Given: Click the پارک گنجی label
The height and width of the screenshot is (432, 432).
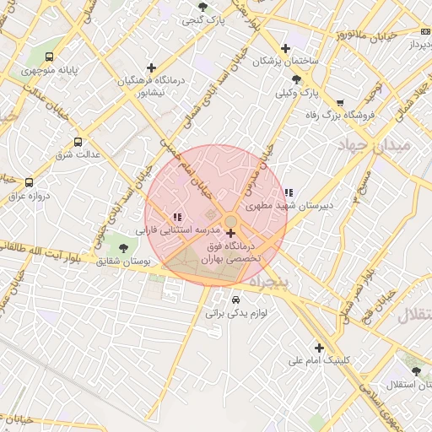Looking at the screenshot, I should pyautogui.click(x=207, y=21).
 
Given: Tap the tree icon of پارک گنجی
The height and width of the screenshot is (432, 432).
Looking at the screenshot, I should pyautogui.click(x=202, y=8).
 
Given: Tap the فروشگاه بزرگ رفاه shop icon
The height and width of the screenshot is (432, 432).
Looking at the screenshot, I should pyautogui.click(x=339, y=101).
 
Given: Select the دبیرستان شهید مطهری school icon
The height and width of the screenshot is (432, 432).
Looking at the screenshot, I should pyautogui.click(x=289, y=192).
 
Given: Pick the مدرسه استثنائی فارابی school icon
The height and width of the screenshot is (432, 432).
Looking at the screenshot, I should pyautogui.click(x=176, y=217).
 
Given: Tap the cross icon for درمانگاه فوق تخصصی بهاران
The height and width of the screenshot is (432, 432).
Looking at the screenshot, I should pyautogui.click(x=230, y=233).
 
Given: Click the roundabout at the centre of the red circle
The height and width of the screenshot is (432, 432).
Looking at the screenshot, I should pyautogui.click(x=230, y=222).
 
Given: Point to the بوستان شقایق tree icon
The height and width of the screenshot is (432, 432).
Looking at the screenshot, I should pyautogui.click(x=124, y=248).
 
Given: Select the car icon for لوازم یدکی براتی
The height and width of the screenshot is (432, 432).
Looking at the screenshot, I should pyautogui.click(x=235, y=300).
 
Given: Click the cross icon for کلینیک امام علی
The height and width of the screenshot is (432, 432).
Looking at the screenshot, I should pyautogui.click(x=319, y=348).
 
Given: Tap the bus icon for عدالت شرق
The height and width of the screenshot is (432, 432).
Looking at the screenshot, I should pyautogui.click(x=78, y=142).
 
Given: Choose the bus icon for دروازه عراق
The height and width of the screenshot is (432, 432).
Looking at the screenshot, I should pyautogui.click(x=30, y=182).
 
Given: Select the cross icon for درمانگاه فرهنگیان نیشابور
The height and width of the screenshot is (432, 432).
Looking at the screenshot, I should pyautogui.click(x=151, y=67).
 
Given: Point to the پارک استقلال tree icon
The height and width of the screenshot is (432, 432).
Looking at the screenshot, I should pyautogui.click(x=414, y=371).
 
